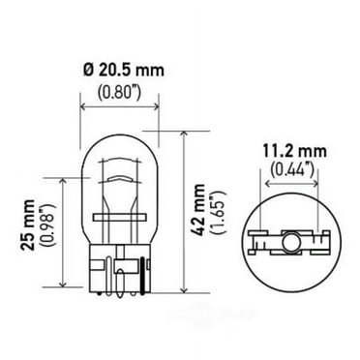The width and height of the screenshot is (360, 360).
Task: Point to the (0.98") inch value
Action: tap(45, 231)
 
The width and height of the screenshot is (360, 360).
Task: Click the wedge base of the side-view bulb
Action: tap(115, 261)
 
